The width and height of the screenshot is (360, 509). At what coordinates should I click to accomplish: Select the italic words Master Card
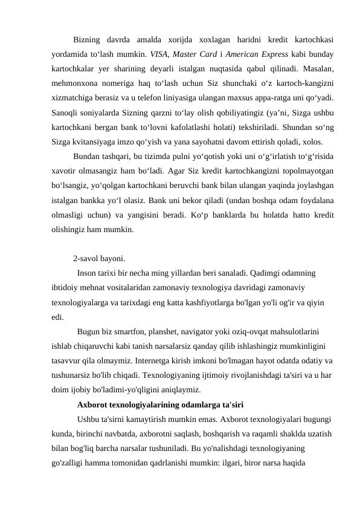pos(196,53)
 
